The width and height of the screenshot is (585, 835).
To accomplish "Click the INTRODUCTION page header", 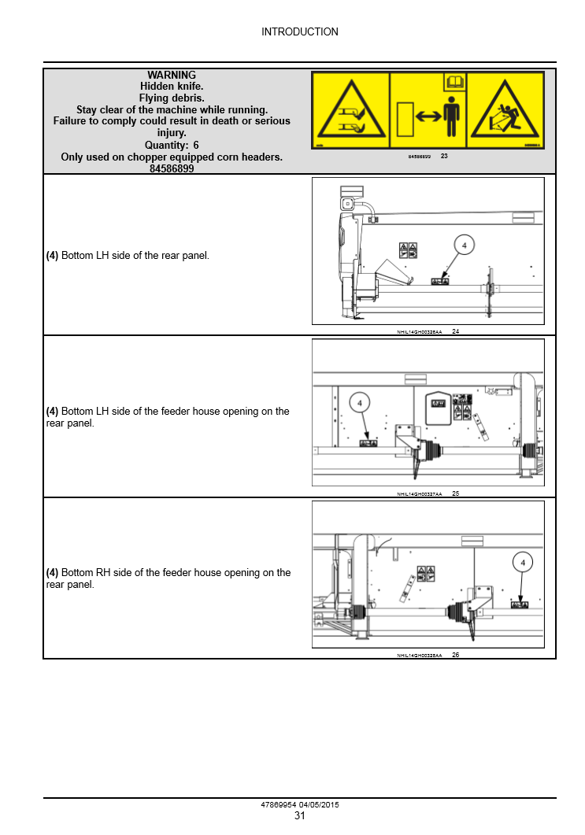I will [x=299, y=32].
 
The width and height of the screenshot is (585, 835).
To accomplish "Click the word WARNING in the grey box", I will [x=172, y=76].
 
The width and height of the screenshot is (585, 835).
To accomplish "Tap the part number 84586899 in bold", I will [x=172, y=168].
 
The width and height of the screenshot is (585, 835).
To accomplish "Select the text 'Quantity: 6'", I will [x=172, y=146].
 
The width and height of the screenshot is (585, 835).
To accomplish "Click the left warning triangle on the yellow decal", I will [x=350, y=112].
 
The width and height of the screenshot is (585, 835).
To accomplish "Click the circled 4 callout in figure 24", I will [x=464, y=246].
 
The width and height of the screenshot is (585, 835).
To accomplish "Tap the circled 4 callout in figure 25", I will [x=359, y=403].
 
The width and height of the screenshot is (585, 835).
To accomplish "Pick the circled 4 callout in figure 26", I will [x=523, y=562].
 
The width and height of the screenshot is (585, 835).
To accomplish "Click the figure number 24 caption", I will [x=456, y=332].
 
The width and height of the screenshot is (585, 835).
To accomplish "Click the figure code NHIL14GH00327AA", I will [x=419, y=494].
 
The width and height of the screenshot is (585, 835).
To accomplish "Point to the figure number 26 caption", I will [x=456, y=655].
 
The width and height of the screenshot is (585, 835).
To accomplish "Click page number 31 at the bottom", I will [x=299, y=816].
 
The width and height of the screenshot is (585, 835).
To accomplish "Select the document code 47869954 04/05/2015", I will [x=299, y=805].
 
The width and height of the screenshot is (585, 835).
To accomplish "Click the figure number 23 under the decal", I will [x=444, y=157].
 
